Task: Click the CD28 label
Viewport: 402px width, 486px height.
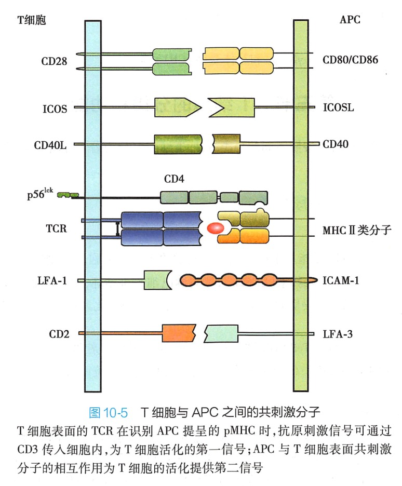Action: click(55, 61)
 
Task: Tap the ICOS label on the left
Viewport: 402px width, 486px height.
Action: click(55, 109)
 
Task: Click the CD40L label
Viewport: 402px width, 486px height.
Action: click(54, 144)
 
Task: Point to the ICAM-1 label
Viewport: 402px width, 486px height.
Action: click(341, 281)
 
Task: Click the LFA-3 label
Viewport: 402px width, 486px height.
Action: click(338, 333)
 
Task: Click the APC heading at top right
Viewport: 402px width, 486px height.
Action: click(350, 20)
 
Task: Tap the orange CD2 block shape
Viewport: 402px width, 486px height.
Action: click(178, 333)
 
